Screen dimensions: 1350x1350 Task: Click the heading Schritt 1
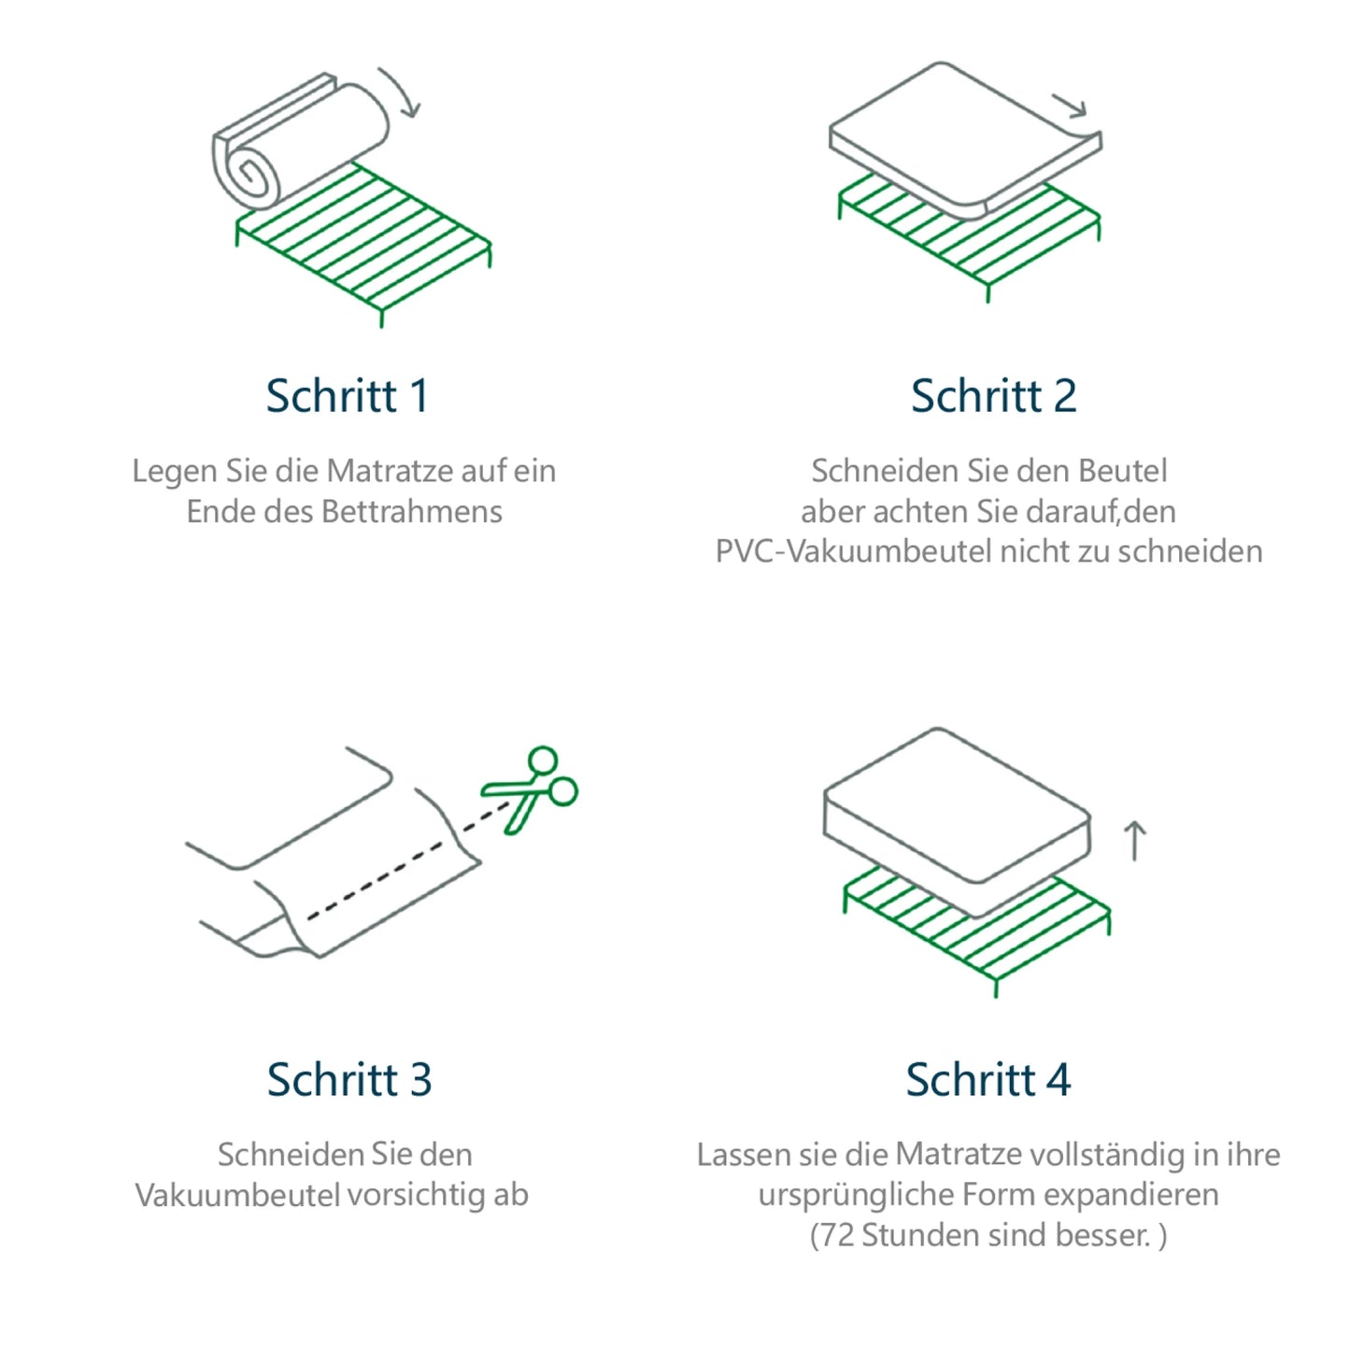coord(347,395)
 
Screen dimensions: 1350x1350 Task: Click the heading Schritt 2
coord(993,395)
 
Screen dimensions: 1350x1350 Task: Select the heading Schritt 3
coord(348,1079)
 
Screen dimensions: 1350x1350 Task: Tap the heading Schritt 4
coord(988,1079)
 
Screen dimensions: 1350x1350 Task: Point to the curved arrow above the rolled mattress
coord(401,92)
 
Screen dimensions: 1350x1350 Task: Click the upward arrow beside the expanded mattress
coord(1134,840)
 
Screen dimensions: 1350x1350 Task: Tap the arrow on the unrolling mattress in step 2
coord(1070,106)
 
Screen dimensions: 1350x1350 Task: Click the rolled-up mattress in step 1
coord(299,145)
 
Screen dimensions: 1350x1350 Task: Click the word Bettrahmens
coord(411,511)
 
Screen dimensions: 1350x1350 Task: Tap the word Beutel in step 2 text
coord(1122,471)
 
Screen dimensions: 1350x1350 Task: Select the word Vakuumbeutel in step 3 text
coord(237,1195)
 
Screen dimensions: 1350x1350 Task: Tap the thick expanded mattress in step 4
coord(953,813)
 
